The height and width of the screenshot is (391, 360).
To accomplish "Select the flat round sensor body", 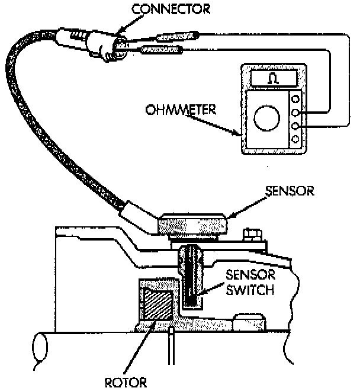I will pyautogui.click(x=193, y=224).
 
